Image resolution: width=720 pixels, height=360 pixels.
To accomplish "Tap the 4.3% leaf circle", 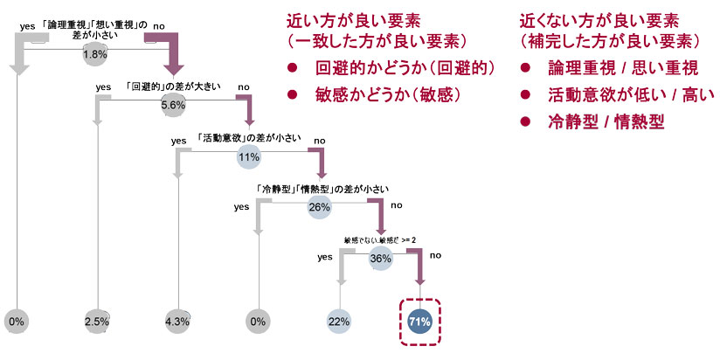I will [x=177, y=322].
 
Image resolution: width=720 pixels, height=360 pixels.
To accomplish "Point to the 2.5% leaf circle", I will [x=96, y=322].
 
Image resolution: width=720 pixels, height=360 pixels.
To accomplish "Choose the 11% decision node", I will [x=249, y=157].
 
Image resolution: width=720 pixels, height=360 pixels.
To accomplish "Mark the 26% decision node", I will [x=319, y=208].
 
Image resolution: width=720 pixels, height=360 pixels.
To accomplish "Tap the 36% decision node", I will [x=380, y=259].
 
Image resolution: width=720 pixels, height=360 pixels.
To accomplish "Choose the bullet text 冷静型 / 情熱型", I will [x=603, y=122].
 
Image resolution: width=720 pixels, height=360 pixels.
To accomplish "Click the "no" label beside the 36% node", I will [x=435, y=256].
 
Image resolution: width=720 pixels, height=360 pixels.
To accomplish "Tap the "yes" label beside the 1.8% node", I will [x=26, y=27].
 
